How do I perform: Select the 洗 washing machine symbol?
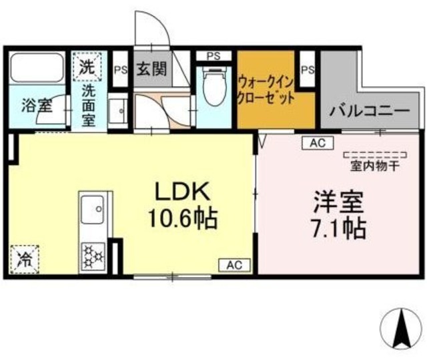coord(87,66)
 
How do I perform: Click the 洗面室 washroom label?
coord(88,104)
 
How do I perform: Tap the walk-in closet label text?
coord(266,89)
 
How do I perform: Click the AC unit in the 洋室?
coord(316,142)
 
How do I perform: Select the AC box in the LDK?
coord(234,265)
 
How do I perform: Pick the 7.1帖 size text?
coord(338,229)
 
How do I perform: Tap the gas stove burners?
coord(91,254)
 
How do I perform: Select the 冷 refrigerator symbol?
coord(25,258)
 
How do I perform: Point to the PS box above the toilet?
coord(214,56)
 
